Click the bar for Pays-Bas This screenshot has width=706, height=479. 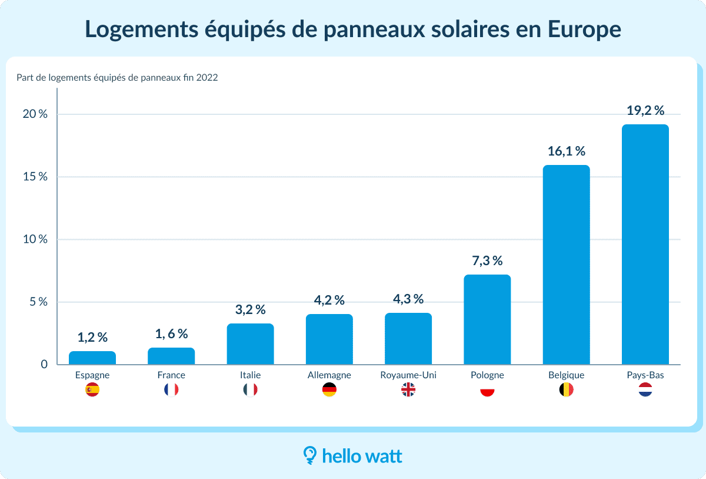coord(645,245)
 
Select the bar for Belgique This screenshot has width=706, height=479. coord(566,265)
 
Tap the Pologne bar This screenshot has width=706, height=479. coord(487,319)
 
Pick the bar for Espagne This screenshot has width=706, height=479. coord(92,358)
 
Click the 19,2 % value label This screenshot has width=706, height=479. coord(645,111)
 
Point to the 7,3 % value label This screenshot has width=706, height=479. coord(487,261)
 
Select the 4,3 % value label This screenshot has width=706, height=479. coord(408,299)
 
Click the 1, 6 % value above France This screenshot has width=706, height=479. coord(171,334)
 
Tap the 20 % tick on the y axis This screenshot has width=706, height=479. coord(35,114)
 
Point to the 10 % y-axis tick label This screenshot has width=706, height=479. coord(35,239)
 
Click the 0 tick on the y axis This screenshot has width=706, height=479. coord(44,365)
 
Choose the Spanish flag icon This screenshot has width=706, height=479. coord(92,389)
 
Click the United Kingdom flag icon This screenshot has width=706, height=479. coord(408,389)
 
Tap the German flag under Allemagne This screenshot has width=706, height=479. coord(329,389)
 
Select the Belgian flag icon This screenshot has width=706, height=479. coord(566,389)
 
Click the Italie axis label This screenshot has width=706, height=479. coord(250,375)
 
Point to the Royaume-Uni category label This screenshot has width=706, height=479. coord(408,375)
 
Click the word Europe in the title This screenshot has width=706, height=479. coord(585,29)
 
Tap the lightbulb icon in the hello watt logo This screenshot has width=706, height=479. coord(309,454)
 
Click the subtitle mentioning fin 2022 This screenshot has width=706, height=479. coord(118,77)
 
